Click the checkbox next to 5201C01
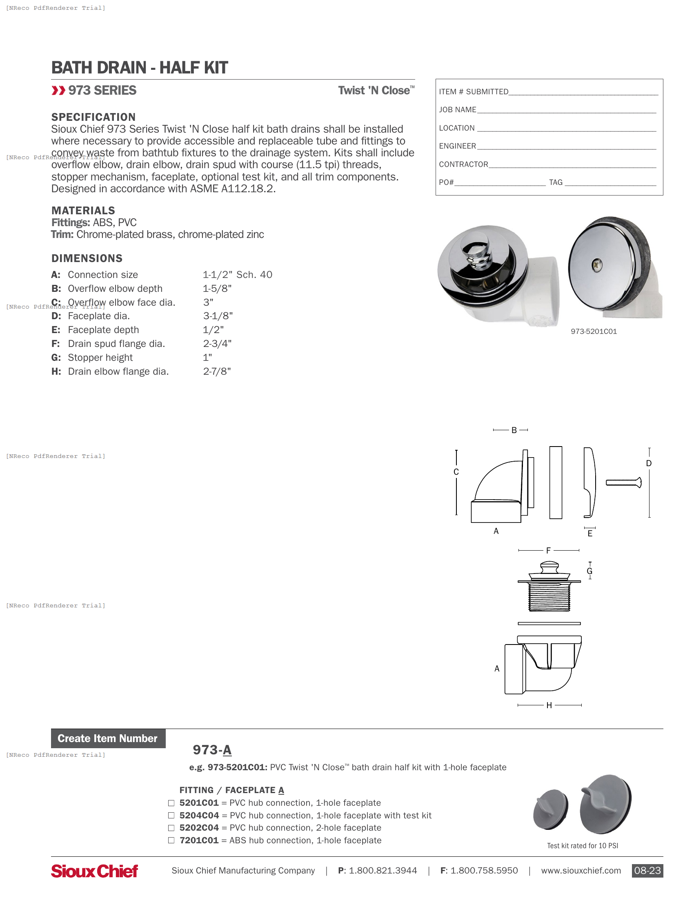(x=171, y=802)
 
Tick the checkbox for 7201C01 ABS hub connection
(x=171, y=840)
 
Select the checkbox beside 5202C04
(x=171, y=828)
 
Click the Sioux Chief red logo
(x=94, y=871)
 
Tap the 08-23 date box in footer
(x=647, y=871)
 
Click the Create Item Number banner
(x=108, y=738)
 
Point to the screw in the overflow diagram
(x=623, y=483)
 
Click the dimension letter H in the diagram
(x=549, y=706)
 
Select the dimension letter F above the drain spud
(x=548, y=551)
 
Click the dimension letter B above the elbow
(x=514, y=430)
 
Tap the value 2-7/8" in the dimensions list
(x=217, y=371)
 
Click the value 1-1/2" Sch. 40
(x=237, y=275)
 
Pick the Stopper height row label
(x=100, y=358)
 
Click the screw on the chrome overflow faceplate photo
(x=597, y=265)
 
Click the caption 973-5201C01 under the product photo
(x=594, y=331)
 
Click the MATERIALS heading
(x=83, y=211)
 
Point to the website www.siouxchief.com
(x=581, y=871)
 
